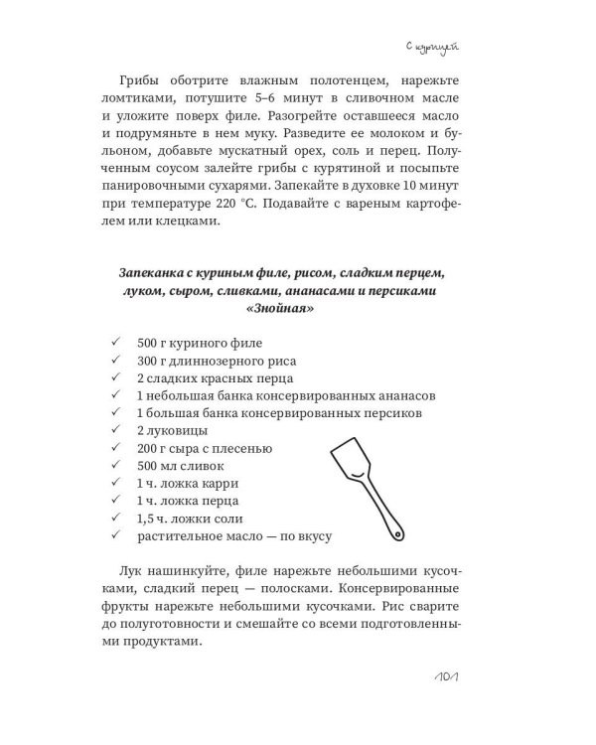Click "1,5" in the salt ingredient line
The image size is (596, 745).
(x=150, y=520)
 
